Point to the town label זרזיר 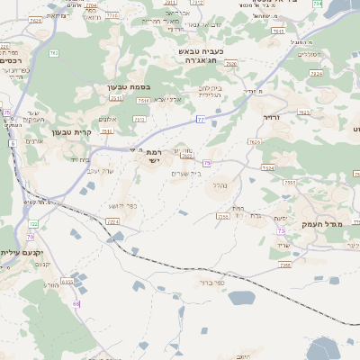(271, 117)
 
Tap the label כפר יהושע (129, 206)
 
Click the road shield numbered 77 (201, 119)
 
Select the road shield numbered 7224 (267, 168)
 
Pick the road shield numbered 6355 (67, 282)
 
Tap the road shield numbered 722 (34, 223)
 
